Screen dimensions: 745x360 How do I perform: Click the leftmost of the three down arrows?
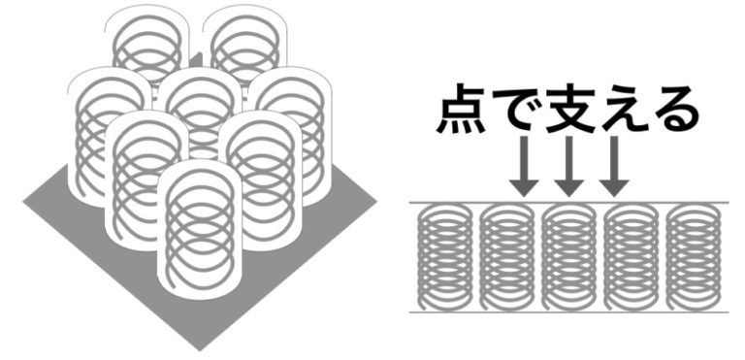pos(523,166)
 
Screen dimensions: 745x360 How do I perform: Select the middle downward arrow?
pos(568,166)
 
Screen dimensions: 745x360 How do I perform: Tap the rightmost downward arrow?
pos(614,166)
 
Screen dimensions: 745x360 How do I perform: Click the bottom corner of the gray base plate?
pos(200,349)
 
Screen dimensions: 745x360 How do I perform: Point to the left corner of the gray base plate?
pos(24,202)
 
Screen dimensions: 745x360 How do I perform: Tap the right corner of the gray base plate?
pos(375,202)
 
